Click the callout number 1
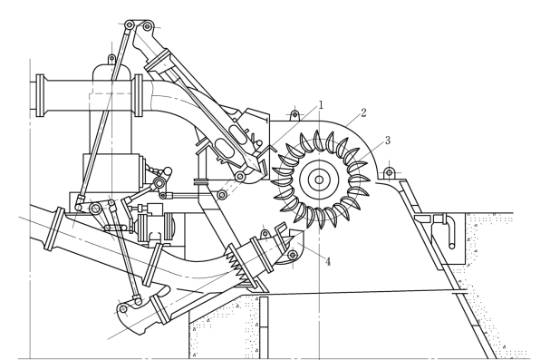coord(320,105)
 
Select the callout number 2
coord(363,112)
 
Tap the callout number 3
coord(387,140)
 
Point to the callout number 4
coord(328,261)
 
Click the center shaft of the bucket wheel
coord(319,180)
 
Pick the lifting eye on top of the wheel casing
coord(295,115)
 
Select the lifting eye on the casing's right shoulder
coord(389,173)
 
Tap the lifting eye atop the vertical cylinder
coord(111,58)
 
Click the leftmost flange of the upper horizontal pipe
coord(40,95)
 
